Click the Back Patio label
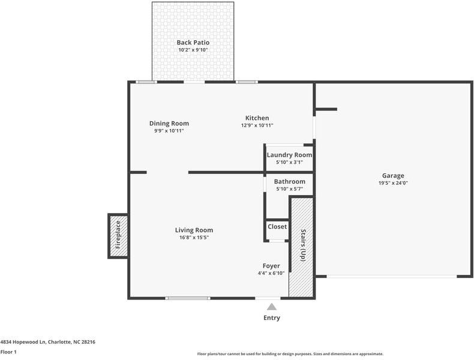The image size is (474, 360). pyautogui.click(x=193, y=42)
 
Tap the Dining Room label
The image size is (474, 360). pyautogui.click(x=169, y=124)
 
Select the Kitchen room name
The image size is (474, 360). pyautogui.click(x=257, y=118)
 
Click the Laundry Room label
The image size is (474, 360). pyautogui.click(x=289, y=155)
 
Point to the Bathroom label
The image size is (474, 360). pyautogui.click(x=289, y=181)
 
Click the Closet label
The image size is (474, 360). pyautogui.click(x=277, y=227)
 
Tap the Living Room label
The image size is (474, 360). pyautogui.click(x=194, y=230)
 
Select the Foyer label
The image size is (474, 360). pyautogui.click(x=271, y=266)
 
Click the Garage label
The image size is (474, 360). pyautogui.click(x=393, y=176)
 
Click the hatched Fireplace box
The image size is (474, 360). pyautogui.click(x=118, y=235)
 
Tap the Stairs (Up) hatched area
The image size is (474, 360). pyautogui.click(x=302, y=246)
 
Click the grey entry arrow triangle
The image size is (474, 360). pyautogui.click(x=272, y=307)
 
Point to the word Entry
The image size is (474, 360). pyautogui.click(x=272, y=318)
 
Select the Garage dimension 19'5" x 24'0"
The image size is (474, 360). pyautogui.click(x=393, y=183)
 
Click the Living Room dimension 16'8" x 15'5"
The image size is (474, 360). pyautogui.click(x=194, y=237)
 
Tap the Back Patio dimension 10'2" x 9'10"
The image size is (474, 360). pyautogui.click(x=193, y=50)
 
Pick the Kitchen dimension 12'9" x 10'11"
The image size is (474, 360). pyautogui.click(x=257, y=125)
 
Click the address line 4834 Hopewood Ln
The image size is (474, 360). pyautogui.click(x=47, y=341)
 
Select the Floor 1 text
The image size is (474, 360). pyautogui.click(x=8, y=352)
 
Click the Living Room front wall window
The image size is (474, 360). pyautogui.click(x=188, y=298)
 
